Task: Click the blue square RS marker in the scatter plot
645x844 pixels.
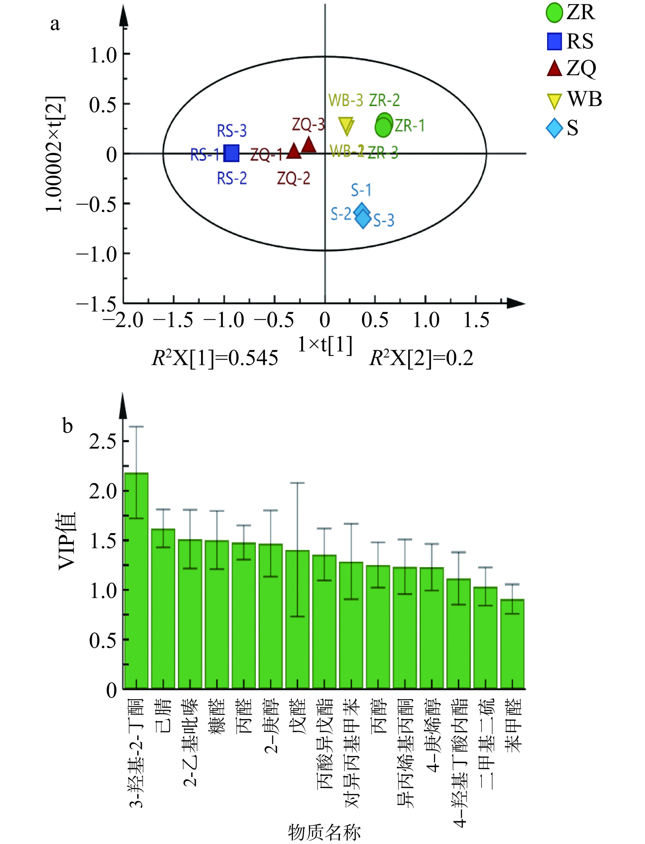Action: [x=231, y=153]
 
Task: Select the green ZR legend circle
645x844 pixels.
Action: [x=554, y=13]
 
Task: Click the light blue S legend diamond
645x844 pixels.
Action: [x=554, y=129]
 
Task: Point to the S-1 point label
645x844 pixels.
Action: [x=361, y=190]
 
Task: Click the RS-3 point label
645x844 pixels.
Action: [x=232, y=131]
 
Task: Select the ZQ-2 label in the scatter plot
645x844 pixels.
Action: [x=294, y=179]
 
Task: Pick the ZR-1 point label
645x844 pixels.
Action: [x=410, y=126]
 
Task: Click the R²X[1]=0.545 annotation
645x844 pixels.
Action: [x=215, y=358]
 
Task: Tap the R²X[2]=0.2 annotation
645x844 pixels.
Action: [x=421, y=358]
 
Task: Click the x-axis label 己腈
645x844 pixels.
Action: [x=163, y=717]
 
